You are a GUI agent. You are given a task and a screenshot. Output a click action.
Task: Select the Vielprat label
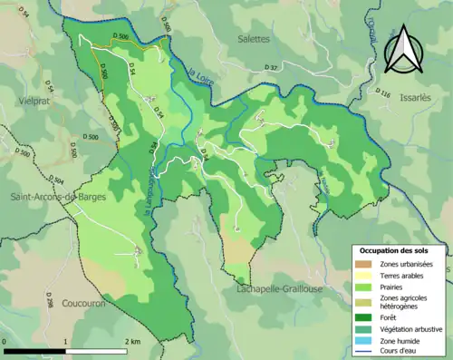coord(27,103)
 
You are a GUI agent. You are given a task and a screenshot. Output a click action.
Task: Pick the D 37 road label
coord(271,68)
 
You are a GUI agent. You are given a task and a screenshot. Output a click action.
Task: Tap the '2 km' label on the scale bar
coord(132,341)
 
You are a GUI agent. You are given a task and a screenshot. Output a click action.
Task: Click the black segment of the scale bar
coord(34,350)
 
